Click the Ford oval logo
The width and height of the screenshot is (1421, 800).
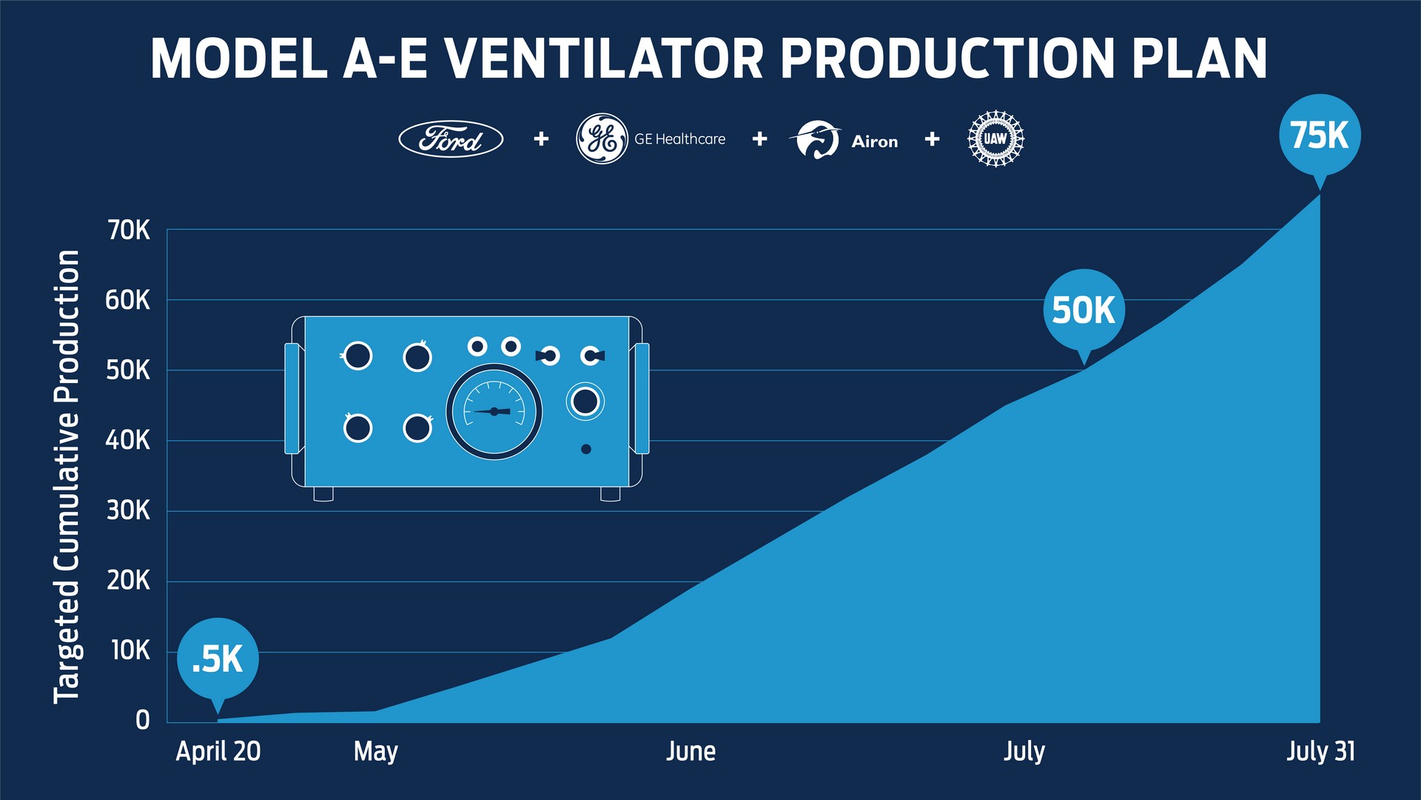(451, 139)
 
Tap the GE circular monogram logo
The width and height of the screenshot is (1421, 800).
(602, 139)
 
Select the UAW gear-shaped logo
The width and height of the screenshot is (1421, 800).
(995, 139)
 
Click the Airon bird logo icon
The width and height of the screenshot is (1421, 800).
(816, 139)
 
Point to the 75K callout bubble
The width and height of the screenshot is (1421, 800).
(1320, 136)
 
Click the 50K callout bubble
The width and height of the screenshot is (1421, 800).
(1084, 310)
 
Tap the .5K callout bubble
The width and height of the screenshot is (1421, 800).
(218, 659)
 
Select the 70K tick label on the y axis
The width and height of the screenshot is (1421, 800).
(129, 230)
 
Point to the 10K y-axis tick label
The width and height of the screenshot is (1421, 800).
(130, 651)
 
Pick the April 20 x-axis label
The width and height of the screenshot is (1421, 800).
(218, 751)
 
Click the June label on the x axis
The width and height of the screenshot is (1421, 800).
(691, 751)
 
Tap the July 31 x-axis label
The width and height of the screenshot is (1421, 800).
(1320, 751)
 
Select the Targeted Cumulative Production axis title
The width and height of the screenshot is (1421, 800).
(67, 476)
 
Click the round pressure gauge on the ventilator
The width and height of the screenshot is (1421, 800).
(494, 411)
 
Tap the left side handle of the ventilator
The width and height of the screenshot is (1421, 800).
(292, 399)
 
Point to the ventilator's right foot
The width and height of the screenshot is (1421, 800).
(610, 493)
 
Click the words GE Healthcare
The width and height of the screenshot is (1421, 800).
(679, 139)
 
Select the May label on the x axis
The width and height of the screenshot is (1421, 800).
(375, 751)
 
